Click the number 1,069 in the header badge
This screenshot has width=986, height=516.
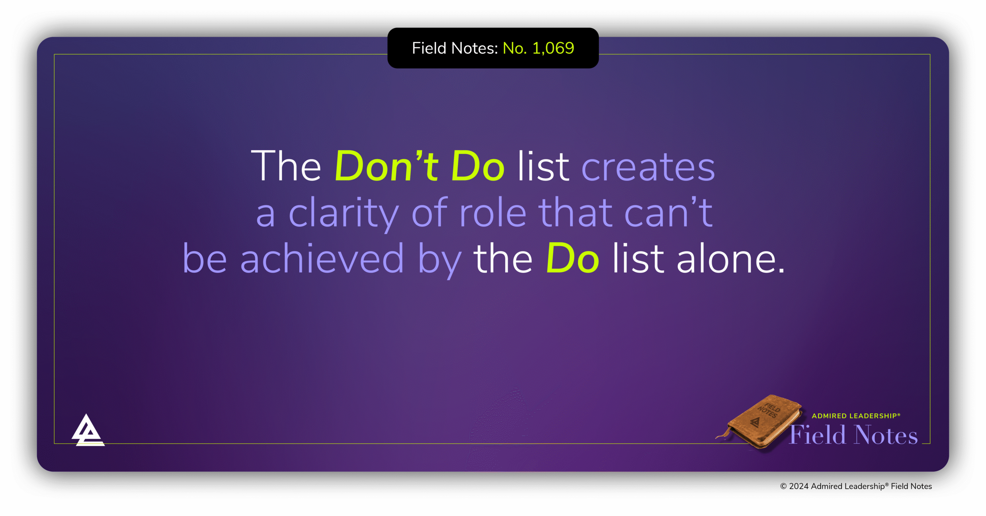point(553,49)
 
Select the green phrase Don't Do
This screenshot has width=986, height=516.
point(419,166)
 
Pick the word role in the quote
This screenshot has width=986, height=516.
point(493,213)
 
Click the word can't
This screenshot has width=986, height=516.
point(668,212)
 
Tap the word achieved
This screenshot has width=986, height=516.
point(322,259)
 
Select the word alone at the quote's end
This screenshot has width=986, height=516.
point(730,259)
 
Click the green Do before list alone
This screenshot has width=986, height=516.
point(572,258)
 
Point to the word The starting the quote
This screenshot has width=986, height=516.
point(286,166)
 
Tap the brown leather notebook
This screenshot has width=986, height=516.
point(763,422)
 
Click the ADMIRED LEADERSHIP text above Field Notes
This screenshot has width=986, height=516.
point(855,416)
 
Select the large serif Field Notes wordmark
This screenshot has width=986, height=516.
point(854,435)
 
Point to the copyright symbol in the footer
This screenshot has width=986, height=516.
point(783,486)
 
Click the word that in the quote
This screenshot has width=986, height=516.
point(575,213)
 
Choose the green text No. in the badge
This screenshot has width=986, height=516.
point(515,49)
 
